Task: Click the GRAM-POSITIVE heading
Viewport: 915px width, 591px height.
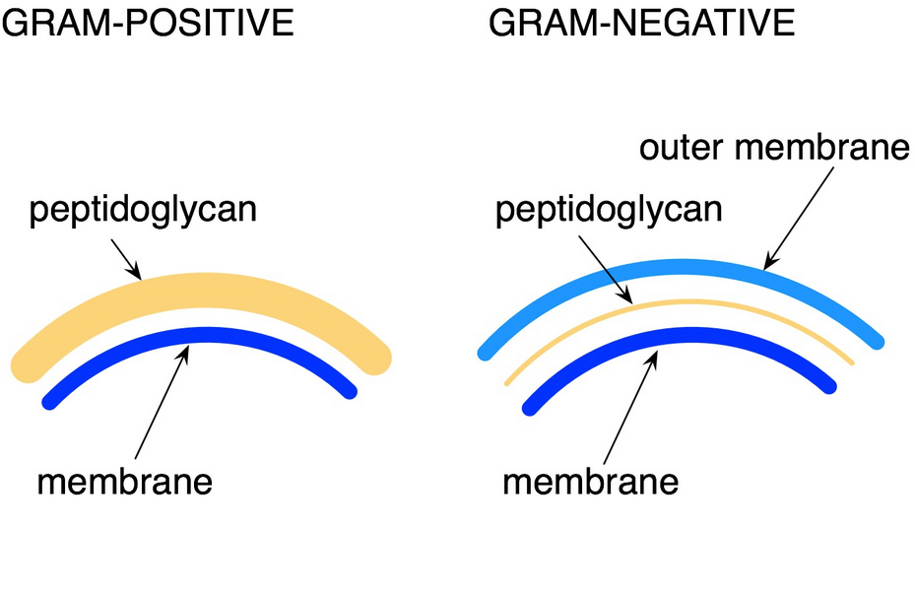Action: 148,22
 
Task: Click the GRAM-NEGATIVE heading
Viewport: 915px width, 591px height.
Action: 642,22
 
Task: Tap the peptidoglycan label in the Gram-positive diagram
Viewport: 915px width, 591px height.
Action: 142,210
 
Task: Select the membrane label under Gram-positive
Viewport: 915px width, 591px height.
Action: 125,483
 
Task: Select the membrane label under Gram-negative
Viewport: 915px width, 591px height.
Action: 591,483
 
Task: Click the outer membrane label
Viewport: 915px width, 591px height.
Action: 773,149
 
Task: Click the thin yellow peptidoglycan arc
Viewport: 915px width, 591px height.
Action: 680,303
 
